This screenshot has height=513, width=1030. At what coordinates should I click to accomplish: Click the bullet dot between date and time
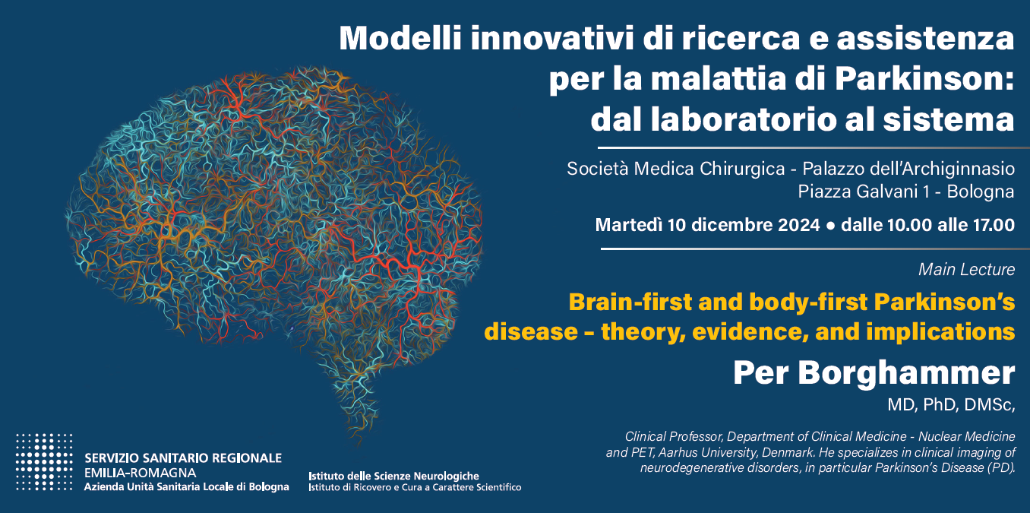[830, 226]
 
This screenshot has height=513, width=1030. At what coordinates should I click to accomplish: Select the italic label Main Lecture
[966, 269]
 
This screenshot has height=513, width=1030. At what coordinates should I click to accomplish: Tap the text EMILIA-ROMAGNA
[141, 472]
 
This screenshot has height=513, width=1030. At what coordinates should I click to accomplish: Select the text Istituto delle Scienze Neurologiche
[393, 476]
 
